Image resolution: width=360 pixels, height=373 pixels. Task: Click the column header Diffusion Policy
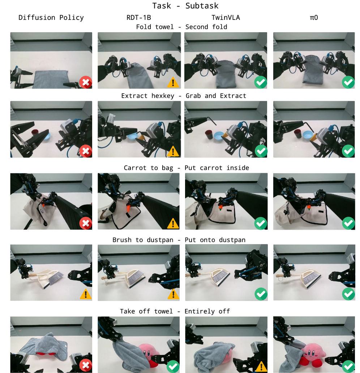pos(51,18)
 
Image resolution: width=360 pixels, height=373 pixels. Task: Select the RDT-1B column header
pos(139,18)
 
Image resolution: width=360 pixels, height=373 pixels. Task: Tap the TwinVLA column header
pos(226,18)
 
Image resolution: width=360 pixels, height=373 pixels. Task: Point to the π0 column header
pos(314,18)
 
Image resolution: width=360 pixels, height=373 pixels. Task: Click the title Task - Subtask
pos(185,6)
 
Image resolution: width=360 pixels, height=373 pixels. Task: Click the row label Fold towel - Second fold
pos(181,27)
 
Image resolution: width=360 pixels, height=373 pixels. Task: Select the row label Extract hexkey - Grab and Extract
pos(184,96)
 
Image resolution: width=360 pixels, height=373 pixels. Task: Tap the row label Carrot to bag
pos(148,168)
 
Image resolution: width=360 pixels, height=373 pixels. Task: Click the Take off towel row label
pos(146,311)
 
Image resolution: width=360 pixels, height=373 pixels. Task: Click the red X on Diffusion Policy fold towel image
pos(86,82)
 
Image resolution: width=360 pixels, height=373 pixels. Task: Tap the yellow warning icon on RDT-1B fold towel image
pos(173,82)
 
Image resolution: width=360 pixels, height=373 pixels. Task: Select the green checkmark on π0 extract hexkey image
pos(348,151)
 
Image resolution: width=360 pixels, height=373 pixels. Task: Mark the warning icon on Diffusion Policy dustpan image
pos(86,294)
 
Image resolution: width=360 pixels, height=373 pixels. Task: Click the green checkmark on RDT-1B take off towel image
pos(173,366)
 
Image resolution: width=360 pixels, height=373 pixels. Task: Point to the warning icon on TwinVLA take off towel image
pos(261,366)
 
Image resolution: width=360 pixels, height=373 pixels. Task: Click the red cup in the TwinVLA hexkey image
pos(209,135)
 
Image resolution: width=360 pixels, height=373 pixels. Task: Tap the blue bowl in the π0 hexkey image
pos(308,135)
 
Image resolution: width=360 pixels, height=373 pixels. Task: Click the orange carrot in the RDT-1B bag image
pos(129,208)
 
